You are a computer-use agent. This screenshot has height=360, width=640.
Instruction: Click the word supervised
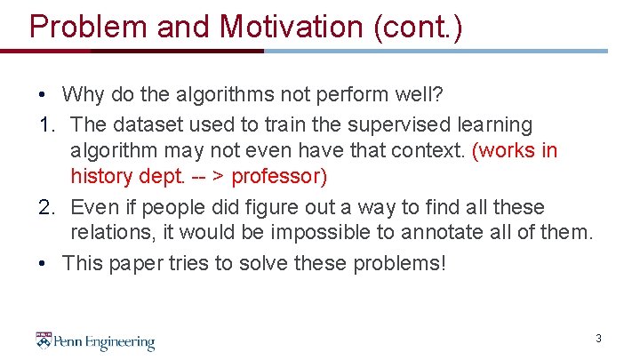[396, 125]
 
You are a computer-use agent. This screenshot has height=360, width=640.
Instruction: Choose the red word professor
[279, 177]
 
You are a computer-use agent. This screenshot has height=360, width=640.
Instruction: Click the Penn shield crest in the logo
[44, 340]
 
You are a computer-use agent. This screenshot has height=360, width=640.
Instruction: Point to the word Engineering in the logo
[118, 342]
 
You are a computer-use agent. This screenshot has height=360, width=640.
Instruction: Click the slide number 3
[598, 339]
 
